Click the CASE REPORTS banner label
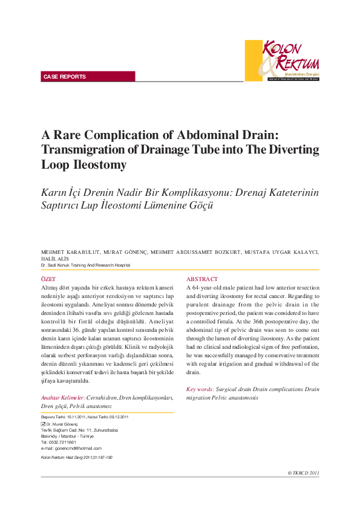pos(65,77)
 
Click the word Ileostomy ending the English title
pos(99,164)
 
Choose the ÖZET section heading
pos(48,279)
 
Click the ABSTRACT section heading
pos(202,279)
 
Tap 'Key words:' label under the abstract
pos(200,389)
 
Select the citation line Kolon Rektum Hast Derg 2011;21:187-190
pos(76,457)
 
